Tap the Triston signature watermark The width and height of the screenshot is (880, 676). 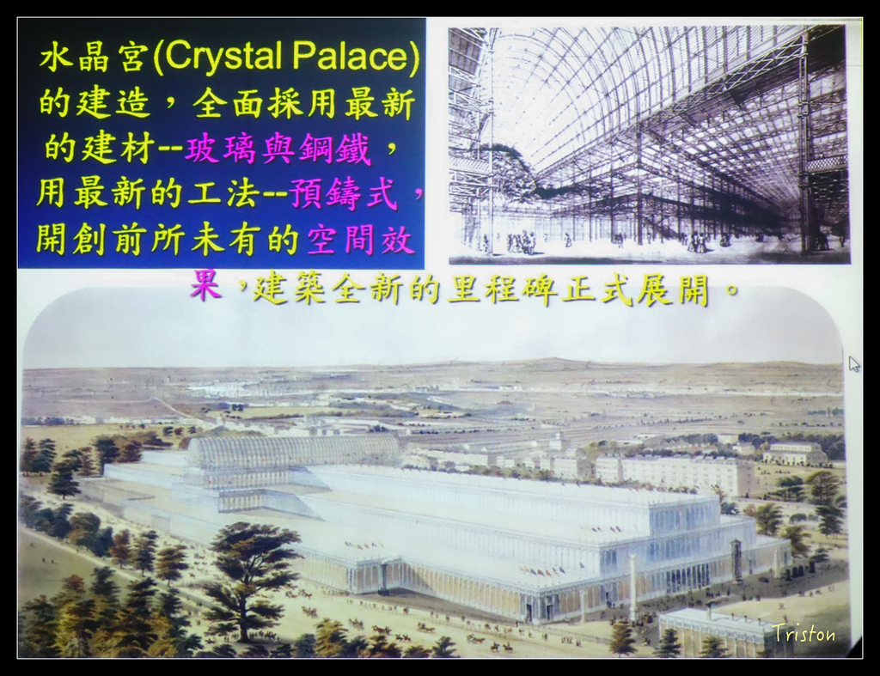[804, 633]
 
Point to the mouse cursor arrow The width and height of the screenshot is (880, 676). [853, 364]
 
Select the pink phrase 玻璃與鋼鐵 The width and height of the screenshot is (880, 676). [278, 149]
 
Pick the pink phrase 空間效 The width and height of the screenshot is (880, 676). [360, 241]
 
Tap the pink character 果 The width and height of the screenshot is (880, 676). [205, 285]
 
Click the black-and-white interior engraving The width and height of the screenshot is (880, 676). [650, 144]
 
